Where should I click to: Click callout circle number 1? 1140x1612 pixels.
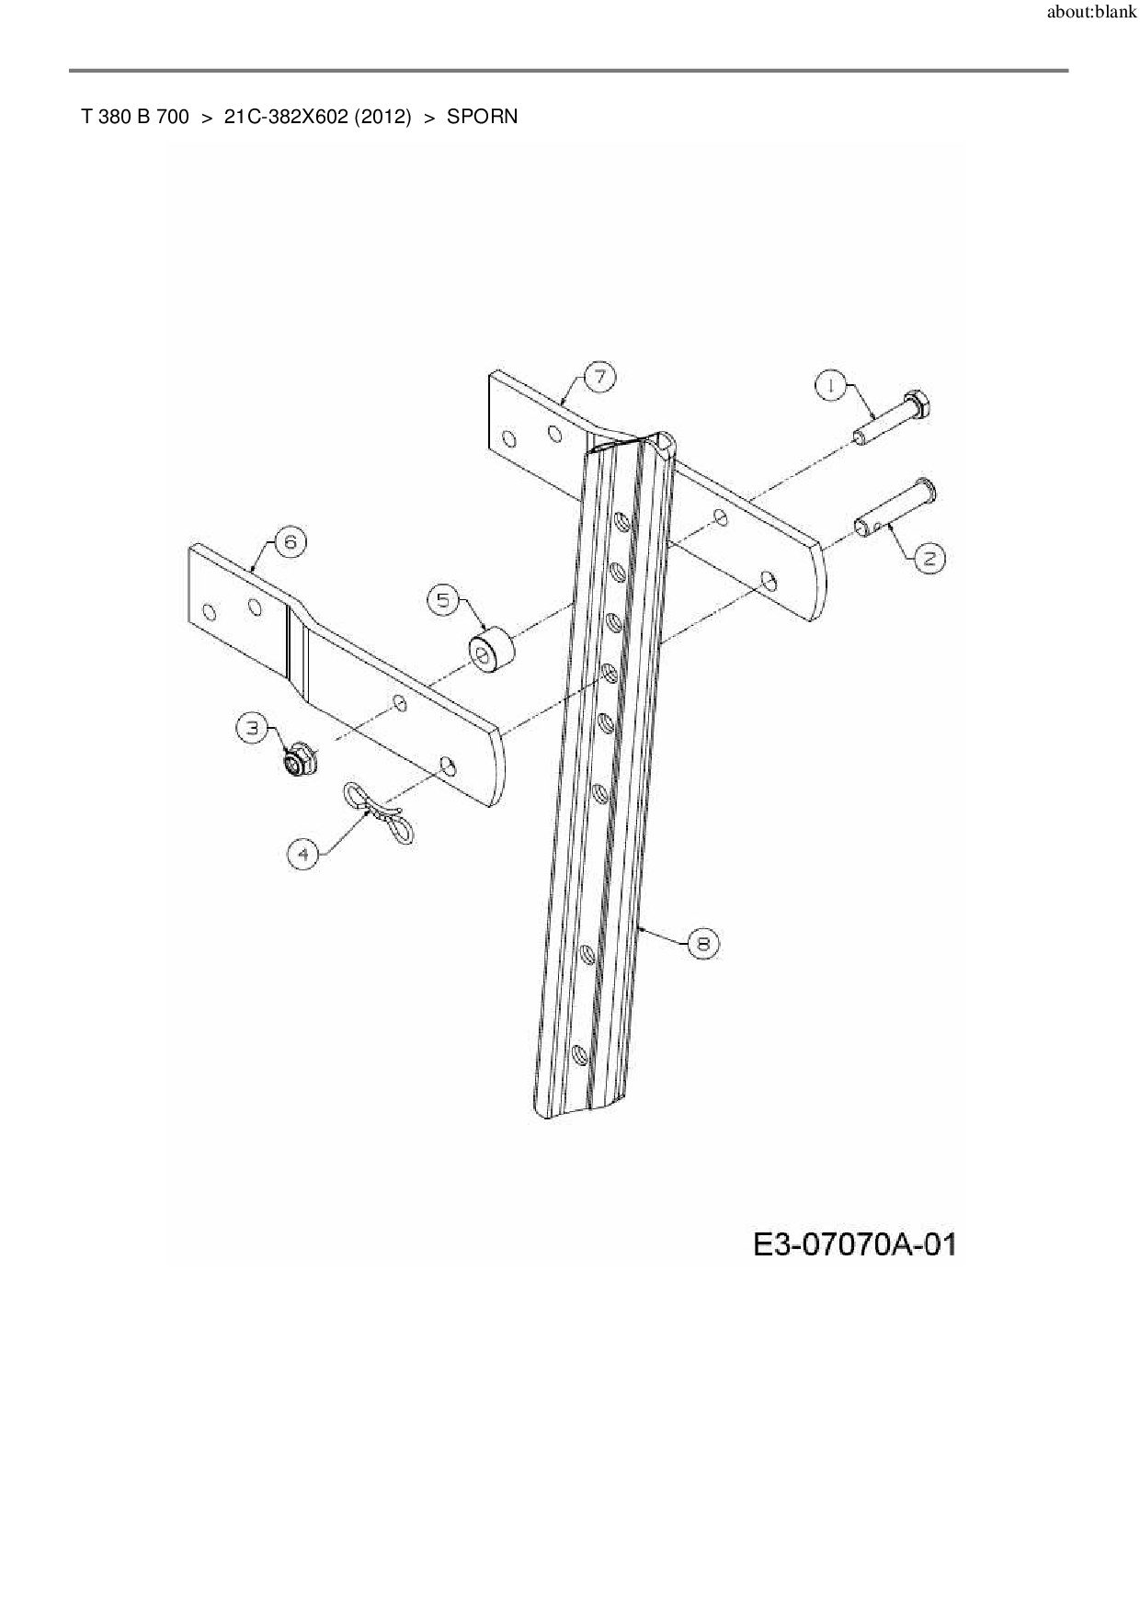[831, 386]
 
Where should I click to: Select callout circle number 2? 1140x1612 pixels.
[930, 558]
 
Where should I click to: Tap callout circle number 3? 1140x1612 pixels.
[252, 729]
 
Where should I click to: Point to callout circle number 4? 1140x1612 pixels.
[303, 854]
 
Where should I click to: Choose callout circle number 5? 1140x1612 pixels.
[443, 600]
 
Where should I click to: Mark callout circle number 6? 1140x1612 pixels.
[290, 542]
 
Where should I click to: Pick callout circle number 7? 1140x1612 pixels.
[599, 377]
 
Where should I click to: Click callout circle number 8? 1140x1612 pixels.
[703, 943]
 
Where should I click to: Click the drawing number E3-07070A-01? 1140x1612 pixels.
[854, 1245]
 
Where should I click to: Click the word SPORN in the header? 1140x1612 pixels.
[482, 117]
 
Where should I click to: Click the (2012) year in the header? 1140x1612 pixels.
[381, 117]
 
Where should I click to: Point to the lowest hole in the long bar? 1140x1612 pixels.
[578, 1054]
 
